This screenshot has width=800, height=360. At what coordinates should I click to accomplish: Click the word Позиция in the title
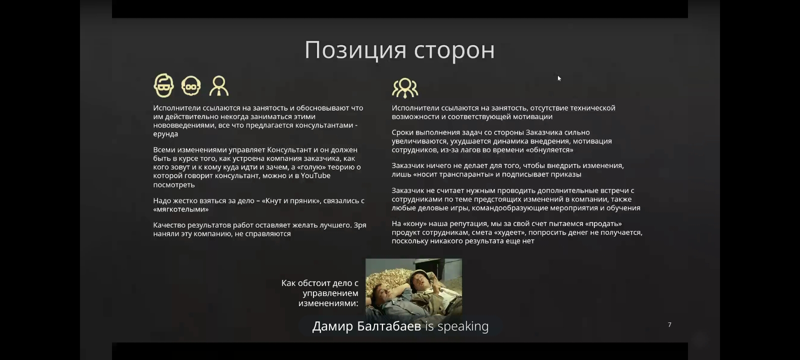click(355, 50)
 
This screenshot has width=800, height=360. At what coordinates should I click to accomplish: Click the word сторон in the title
click(454, 50)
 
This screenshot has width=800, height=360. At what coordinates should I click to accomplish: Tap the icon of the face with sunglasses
click(163, 85)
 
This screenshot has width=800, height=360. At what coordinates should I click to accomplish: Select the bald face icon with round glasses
click(190, 85)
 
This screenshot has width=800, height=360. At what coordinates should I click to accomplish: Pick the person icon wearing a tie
click(218, 86)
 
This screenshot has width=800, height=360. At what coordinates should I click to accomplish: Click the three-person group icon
click(404, 88)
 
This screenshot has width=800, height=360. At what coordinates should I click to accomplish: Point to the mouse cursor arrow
click(559, 78)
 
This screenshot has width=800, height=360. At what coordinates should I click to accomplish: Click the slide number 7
click(669, 324)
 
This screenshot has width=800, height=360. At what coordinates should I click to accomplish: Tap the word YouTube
click(315, 175)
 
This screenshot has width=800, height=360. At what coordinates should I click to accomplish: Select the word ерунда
click(165, 134)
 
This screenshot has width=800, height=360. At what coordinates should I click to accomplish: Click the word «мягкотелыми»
click(180, 209)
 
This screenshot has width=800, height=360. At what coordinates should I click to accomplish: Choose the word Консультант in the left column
click(289, 149)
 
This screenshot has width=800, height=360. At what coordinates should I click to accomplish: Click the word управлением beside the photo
click(330, 293)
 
